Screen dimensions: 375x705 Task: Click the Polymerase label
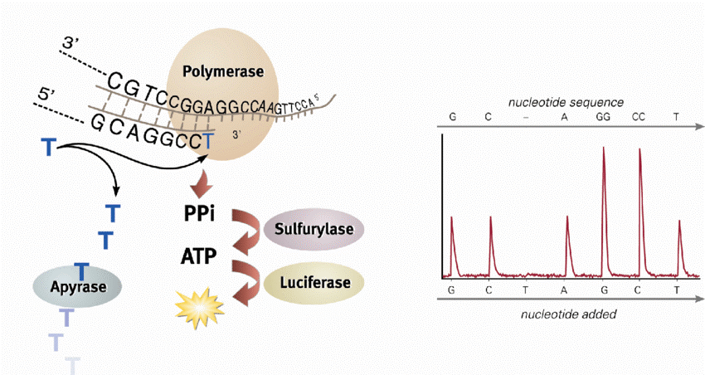[x=224, y=72]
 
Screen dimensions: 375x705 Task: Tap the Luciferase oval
[x=314, y=282]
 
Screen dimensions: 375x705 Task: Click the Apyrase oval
[x=77, y=287]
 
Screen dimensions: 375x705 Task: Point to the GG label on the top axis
[x=603, y=117]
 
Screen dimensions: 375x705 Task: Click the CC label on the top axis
[x=639, y=117]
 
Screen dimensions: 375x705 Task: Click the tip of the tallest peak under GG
[x=603, y=148]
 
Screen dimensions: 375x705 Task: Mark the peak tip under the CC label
[x=639, y=149]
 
